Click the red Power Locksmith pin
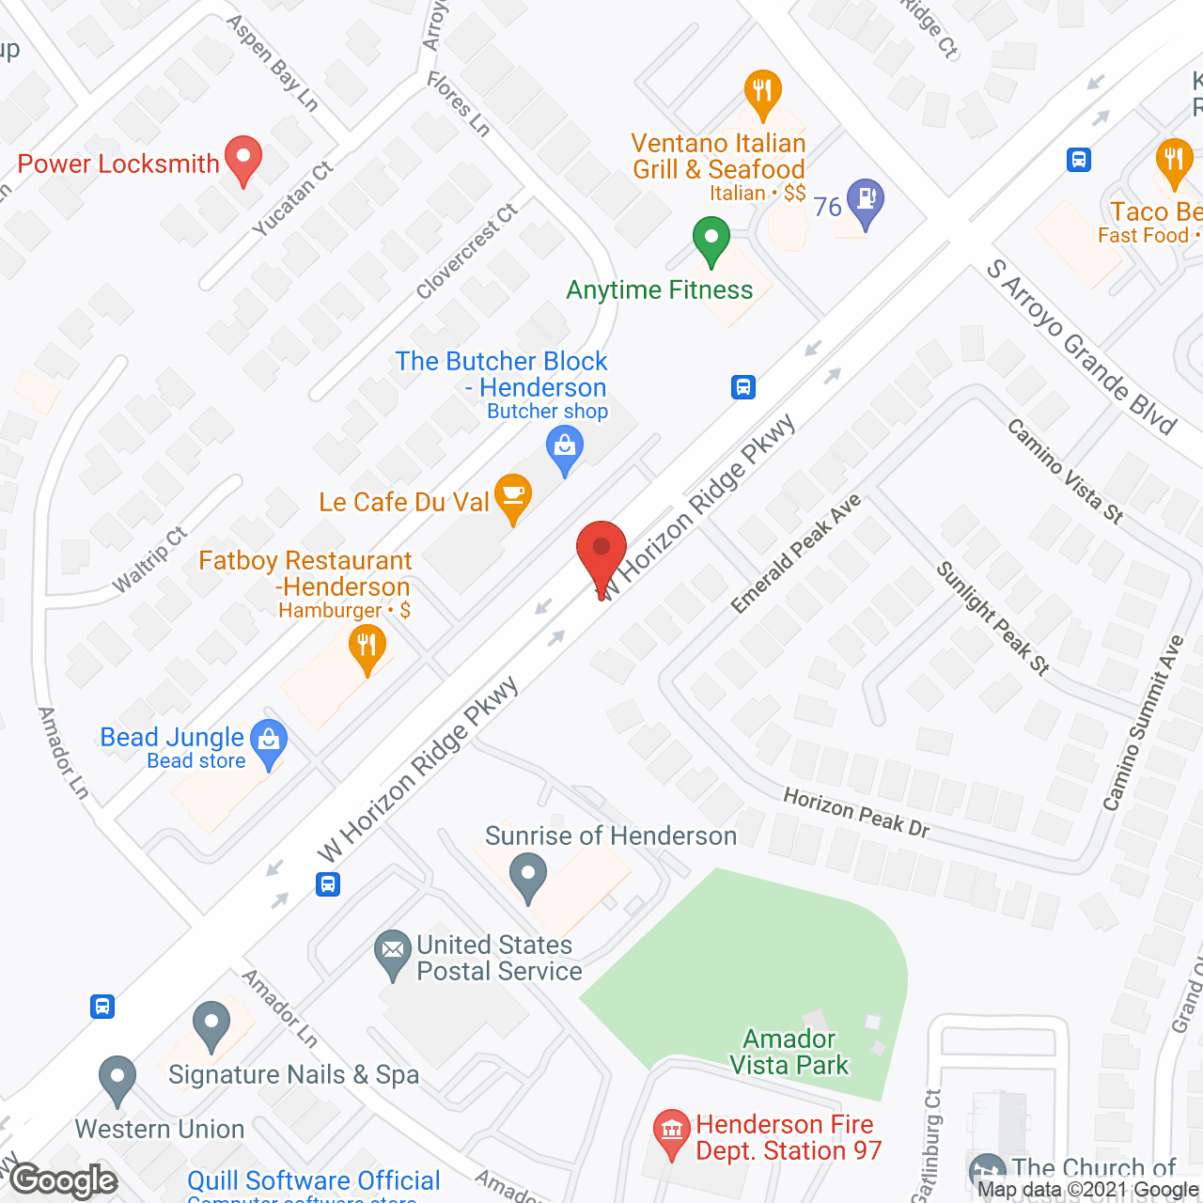click(243, 160)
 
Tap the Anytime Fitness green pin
click(711, 240)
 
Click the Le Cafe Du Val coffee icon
click(512, 496)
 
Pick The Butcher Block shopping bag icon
click(564, 448)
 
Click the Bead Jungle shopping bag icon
click(269, 742)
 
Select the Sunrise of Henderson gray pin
click(527, 877)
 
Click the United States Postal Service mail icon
click(392, 953)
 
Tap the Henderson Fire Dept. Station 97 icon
click(671, 1131)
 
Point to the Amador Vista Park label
click(789, 1052)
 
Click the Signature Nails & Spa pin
click(211, 1025)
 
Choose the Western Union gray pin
click(117, 1079)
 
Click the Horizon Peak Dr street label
click(856, 812)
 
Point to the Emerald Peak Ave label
click(795, 555)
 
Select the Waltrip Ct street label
click(149, 560)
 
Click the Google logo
click(64, 1180)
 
